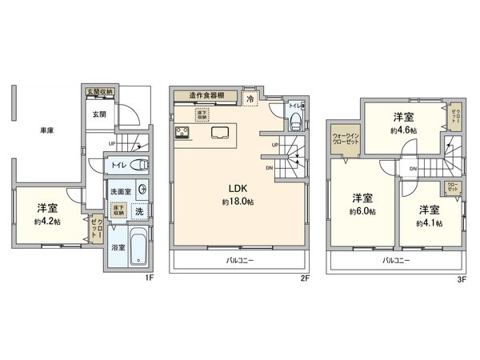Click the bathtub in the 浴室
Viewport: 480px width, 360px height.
137,249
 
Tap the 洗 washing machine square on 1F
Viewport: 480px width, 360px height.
139,212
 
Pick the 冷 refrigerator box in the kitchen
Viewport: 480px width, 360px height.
250,99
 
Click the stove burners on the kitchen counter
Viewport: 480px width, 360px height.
178,133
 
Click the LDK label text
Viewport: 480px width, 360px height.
238,188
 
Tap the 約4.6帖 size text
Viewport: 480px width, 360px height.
402,130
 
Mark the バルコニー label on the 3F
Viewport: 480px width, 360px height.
395,261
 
